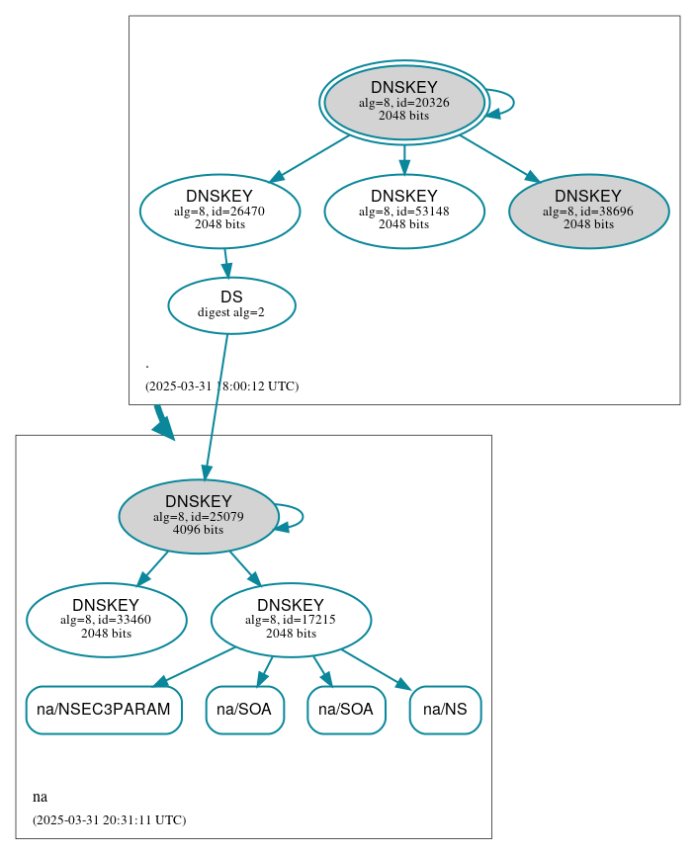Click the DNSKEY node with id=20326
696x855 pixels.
click(403, 102)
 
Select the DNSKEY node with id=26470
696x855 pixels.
click(219, 211)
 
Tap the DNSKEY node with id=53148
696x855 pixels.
click(403, 211)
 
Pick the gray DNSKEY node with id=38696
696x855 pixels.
click(588, 211)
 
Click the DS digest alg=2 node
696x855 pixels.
click(231, 304)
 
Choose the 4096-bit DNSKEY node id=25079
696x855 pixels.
click(198, 516)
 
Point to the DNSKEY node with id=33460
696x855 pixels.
click(106, 620)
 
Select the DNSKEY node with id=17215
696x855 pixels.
click(291, 620)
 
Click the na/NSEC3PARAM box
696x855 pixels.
click(104, 710)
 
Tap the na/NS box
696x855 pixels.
click(445, 710)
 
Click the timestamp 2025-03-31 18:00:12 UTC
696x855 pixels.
click(221, 386)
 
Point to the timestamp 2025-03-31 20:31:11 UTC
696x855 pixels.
click(109, 820)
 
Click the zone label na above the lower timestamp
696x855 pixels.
click(40, 797)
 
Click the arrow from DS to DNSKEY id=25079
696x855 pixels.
click(217, 405)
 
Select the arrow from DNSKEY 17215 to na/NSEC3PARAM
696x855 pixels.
click(196, 666)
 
